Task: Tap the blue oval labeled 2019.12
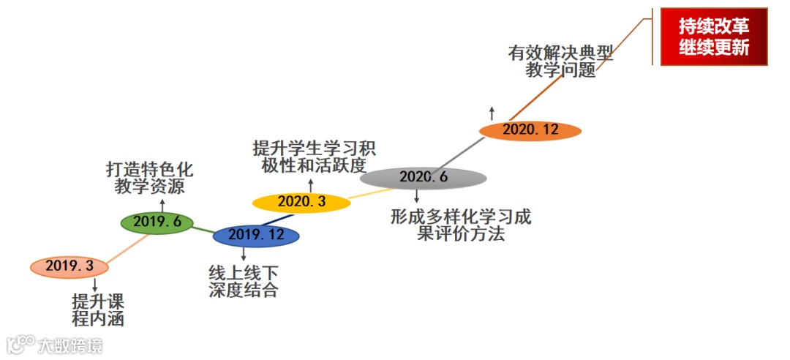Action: coord(256,236)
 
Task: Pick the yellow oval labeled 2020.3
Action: coord(302,202)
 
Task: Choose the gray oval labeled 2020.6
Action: coord(424,177)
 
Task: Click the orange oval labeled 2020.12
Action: coord(530,130)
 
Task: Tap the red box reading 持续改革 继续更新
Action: coord(713,37)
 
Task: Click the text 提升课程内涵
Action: coord(98,310)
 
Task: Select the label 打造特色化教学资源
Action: coord(149,179)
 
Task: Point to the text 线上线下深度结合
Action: coord(244,282)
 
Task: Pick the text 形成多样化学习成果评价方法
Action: coord(461,225)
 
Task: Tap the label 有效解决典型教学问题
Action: coord(560,62)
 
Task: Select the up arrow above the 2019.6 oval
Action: coord(162,203)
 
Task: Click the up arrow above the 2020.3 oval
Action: coord(311,184)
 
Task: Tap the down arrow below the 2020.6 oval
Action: coord(417,196)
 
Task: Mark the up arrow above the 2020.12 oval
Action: coord(492,113)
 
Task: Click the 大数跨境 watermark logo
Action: coord(54,345)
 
